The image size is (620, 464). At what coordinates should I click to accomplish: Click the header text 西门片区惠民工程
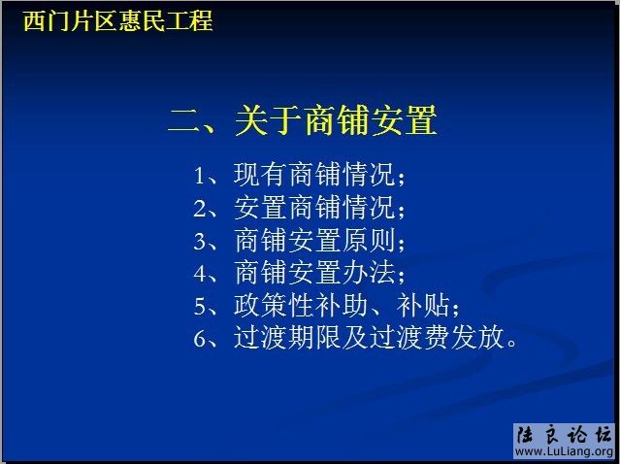click(117, 20)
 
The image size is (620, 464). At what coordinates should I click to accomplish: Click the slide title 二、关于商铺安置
click(302, 121)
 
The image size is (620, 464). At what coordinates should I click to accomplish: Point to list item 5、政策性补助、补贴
click(326, 305)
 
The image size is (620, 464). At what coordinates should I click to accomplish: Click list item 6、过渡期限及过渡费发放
click(355, 338)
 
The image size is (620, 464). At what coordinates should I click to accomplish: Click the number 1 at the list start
click(200, 177)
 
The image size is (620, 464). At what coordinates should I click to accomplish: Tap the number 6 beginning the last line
click(200, 339)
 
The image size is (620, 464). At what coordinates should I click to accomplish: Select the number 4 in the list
click(200, 273)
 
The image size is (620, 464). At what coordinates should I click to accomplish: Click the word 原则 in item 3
click(370, 240)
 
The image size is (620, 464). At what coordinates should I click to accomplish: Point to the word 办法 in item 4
click(370, 272)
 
